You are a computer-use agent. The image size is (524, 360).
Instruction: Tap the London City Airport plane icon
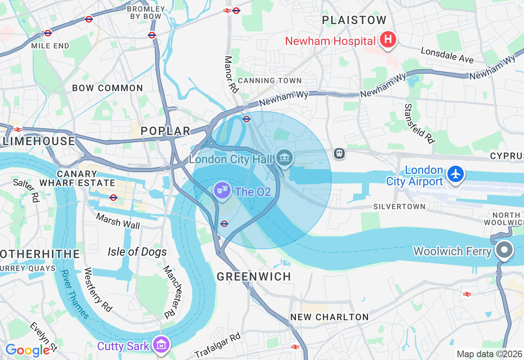point(456,174)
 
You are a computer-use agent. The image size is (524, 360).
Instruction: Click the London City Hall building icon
point(284,157)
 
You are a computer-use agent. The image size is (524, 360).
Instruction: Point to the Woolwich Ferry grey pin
point(504,250)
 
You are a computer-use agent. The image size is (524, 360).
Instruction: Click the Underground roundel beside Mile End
point(48,33)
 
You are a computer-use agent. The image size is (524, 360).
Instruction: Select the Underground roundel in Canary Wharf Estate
point(113,198)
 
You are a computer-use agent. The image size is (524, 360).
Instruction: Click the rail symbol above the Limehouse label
point(18,130)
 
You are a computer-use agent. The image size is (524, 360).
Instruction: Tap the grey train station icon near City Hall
point(339,153)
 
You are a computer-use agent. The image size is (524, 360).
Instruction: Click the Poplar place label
point(165,131)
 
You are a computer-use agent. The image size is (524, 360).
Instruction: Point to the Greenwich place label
point(254,277)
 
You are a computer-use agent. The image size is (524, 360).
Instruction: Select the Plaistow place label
point(354,20)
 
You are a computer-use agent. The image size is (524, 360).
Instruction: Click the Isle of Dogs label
point(137,252)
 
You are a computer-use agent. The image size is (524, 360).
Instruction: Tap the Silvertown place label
point(400,207)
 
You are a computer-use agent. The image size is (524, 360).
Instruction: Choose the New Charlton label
point(330,317)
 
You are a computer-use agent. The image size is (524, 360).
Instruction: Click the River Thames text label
point(75,293)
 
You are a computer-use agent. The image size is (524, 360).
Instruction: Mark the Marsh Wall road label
point(118,221)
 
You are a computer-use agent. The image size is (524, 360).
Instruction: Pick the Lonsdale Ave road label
point(447,55)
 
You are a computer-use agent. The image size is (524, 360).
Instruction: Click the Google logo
point(27,350)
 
